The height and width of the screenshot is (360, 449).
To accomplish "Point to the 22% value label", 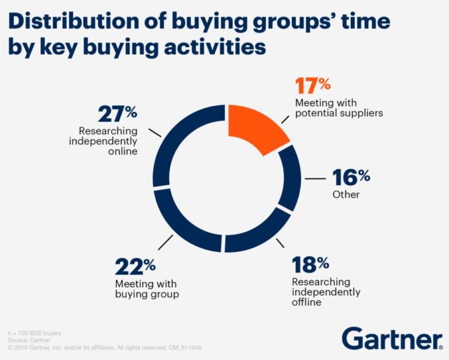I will coord(136,267).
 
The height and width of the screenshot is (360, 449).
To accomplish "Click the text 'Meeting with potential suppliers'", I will coord(338,108).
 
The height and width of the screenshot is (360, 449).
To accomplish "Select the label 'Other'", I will coord(346,194).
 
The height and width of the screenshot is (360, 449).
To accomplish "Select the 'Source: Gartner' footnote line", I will coord(29,339).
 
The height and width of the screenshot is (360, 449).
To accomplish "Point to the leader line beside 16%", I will coord(316,178).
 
